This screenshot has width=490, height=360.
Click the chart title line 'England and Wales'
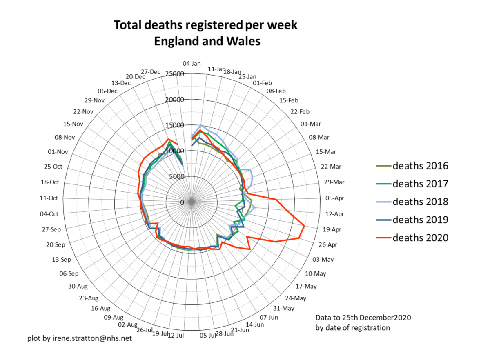click(207, 41)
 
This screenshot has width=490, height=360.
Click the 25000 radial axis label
click(175, 74)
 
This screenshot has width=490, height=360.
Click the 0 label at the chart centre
click(182, 202)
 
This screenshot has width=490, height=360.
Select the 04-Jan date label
click(192, 63)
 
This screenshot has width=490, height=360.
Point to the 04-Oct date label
click(49, 214)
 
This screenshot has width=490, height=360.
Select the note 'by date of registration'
click(352, 327)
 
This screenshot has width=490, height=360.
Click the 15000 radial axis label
click(175, 125)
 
